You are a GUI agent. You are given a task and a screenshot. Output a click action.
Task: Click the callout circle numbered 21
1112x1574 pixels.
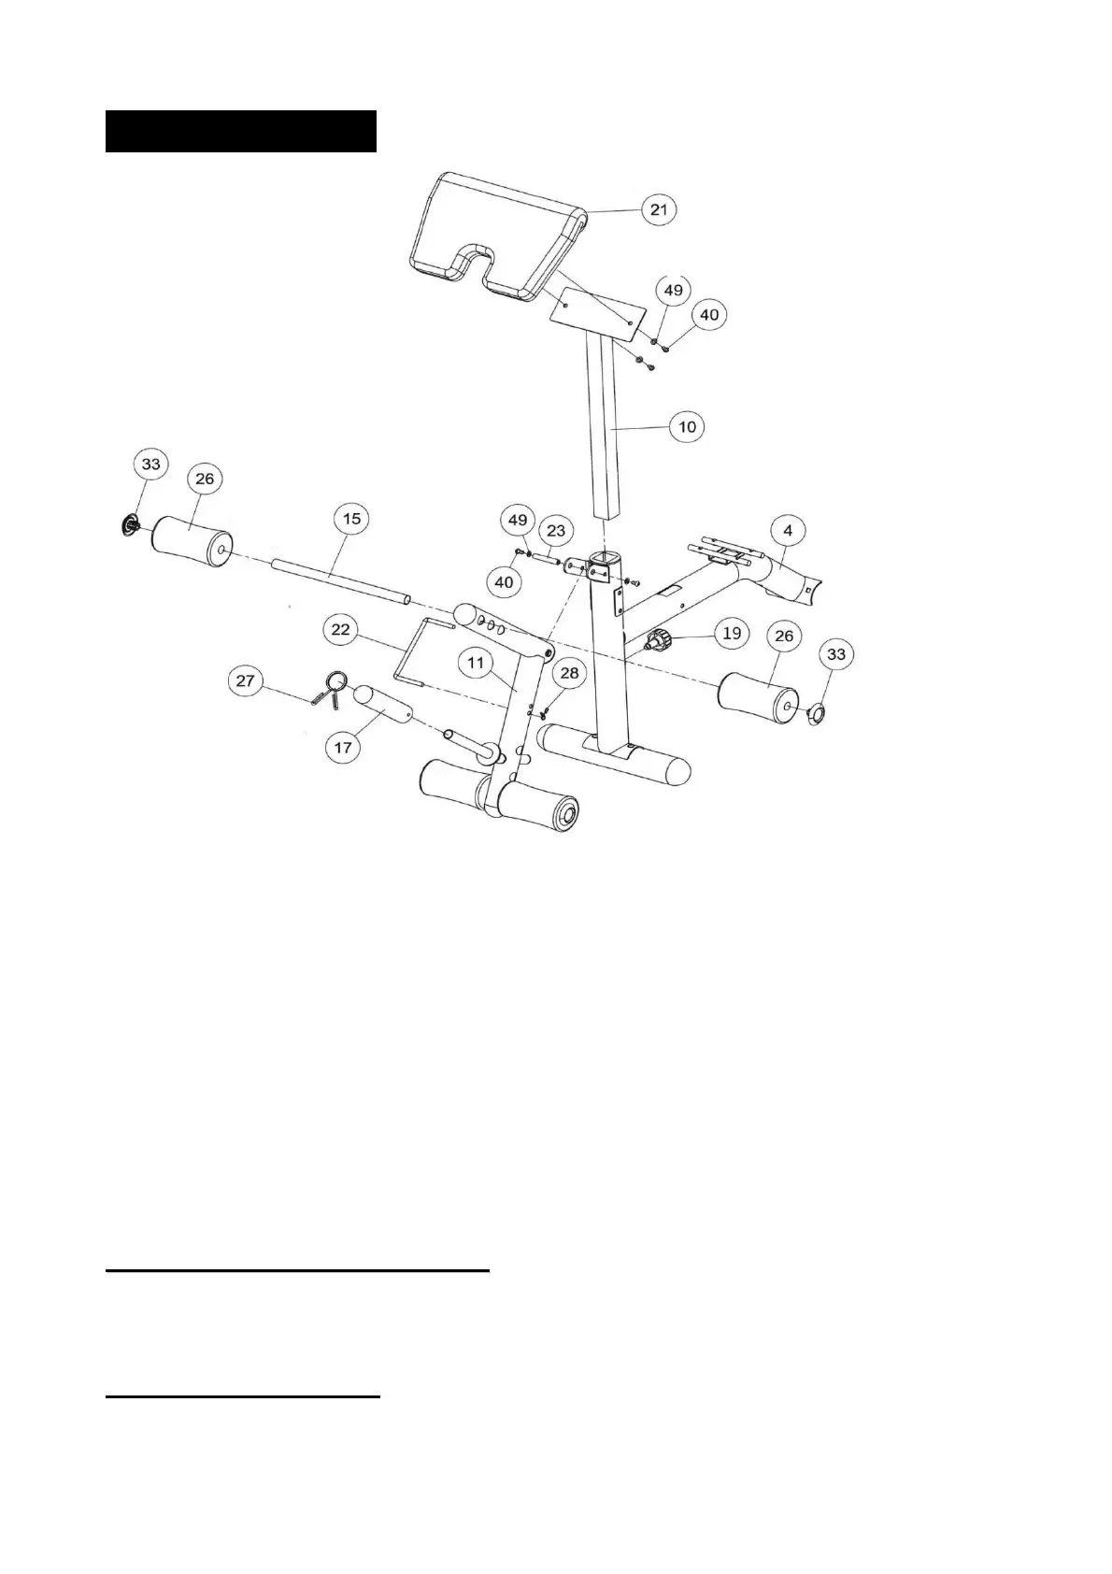660,209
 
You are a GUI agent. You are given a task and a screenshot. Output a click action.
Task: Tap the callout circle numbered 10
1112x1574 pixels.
687,427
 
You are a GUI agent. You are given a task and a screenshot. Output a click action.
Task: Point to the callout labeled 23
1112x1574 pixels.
556,531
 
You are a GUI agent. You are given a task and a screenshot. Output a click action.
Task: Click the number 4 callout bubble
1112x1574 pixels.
788,531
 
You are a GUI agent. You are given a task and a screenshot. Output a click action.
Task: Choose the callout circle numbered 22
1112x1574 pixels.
340,629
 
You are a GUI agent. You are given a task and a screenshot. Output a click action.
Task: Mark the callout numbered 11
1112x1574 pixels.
477,663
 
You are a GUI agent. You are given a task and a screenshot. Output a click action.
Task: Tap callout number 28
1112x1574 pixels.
568,673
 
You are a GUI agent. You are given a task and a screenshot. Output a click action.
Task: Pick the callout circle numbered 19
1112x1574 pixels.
732,634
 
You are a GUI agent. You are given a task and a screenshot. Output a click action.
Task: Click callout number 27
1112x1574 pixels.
245,680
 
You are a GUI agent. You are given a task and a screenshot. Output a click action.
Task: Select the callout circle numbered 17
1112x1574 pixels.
343,748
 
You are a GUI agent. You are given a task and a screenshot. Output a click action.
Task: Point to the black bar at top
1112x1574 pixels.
240,131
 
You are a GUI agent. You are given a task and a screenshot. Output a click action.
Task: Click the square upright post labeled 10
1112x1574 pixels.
604,430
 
